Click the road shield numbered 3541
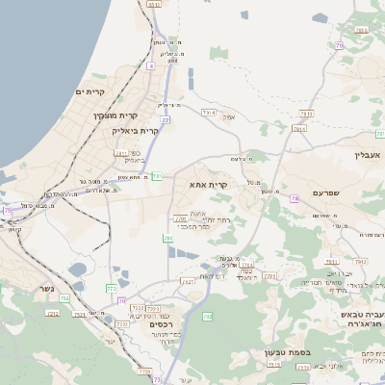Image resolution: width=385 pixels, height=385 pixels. (154, 5)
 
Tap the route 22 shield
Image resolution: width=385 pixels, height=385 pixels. (166, 119)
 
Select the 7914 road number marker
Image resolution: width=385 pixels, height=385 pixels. (209, 113)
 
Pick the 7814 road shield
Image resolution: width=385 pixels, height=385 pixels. (298, 127)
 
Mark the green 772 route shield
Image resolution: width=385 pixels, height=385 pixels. (111, 288)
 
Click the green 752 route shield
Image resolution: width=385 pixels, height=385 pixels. (64, 299)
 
